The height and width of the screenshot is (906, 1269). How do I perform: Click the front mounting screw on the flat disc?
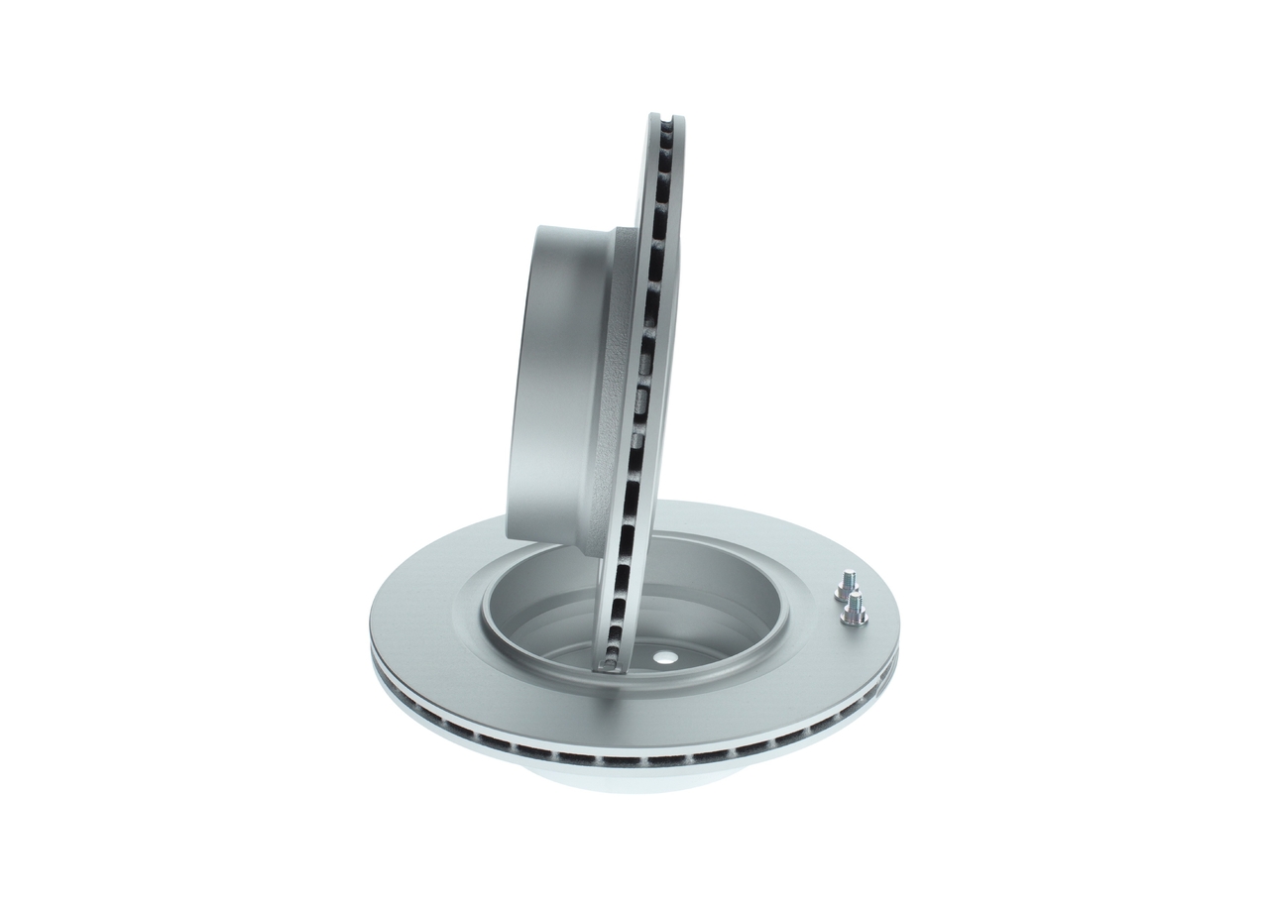click(854, 609)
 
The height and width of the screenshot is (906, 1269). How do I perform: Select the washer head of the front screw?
click(854, 619)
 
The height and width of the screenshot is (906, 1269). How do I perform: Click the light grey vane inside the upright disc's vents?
click(639, 401)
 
